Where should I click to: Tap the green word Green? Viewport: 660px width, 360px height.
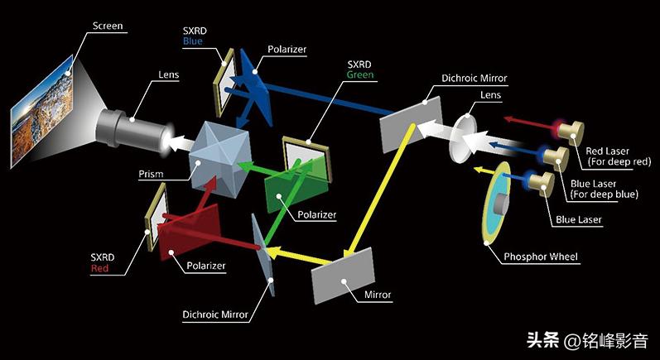359,74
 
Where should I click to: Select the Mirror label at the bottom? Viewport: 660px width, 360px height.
376,295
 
